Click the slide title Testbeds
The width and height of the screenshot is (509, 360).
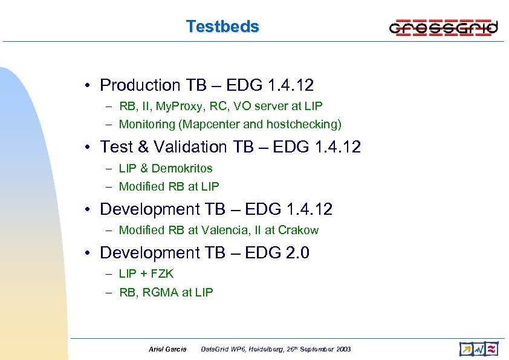click(x=222, y=27)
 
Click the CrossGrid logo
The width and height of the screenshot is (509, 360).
click(x=443, y=28)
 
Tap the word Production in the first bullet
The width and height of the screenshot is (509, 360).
click(x=140, y=85)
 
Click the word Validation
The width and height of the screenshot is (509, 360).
click(x=192, y=147)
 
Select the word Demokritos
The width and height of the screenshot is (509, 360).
click(x=182, y=168)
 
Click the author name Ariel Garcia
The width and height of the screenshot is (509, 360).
click(x=167, y=349)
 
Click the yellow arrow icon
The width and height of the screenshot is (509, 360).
click(x=465, y=349)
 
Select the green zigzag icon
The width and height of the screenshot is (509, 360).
click(x=479, y=349)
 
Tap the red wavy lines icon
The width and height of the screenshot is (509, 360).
click(x=492, y=349)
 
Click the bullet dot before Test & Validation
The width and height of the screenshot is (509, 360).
click(x=88, y=147)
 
